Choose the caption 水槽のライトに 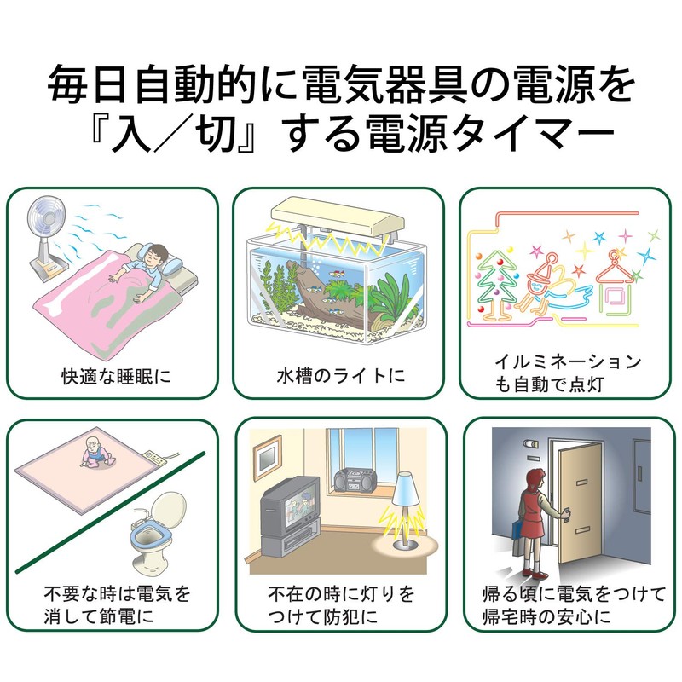pos(338,374)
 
